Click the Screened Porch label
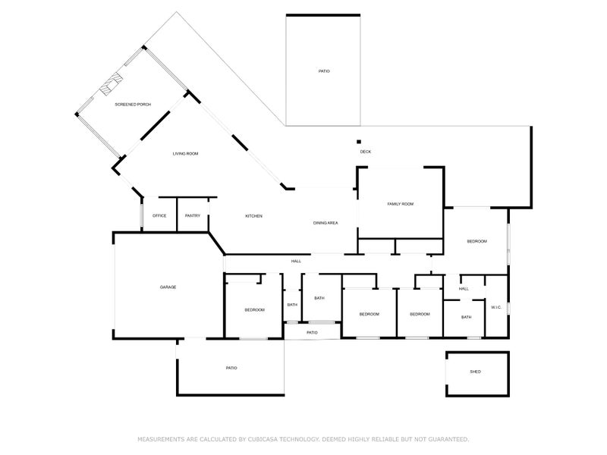133,105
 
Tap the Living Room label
185,154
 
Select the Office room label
159,215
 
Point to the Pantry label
193,215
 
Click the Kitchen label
254,216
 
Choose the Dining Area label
326,223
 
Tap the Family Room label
401,204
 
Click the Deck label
366,152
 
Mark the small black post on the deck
359,142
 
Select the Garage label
168,287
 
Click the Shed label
476,372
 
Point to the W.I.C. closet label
496,307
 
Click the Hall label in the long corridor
296,261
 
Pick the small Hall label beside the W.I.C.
464,289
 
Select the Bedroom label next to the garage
255,310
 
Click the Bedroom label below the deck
477,241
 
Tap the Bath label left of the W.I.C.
467,317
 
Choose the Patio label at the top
324,71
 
